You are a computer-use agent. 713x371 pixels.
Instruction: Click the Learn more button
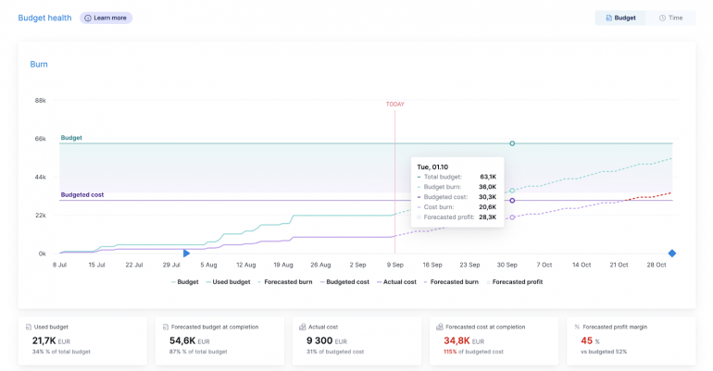click(106, 18)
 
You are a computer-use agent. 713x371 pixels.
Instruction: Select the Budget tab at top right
click(620, 18)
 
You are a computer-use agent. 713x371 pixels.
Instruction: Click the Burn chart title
click(39, 65)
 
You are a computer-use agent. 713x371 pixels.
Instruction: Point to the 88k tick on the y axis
click(41, 100)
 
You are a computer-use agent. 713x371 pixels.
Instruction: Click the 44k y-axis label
click(41, 177)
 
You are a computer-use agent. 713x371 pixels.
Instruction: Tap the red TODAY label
click(395, 104)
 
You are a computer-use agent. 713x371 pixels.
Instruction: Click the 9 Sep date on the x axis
click(395, 265)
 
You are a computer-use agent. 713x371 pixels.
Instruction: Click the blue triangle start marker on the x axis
click(186, 254)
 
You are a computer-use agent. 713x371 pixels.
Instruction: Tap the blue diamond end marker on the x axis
click(672, 254)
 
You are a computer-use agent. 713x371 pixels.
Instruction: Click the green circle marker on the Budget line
click(512, 143)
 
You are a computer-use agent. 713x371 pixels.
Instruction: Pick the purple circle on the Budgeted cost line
click(512, 201)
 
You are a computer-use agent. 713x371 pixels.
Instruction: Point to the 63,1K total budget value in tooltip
click(487, 177)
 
